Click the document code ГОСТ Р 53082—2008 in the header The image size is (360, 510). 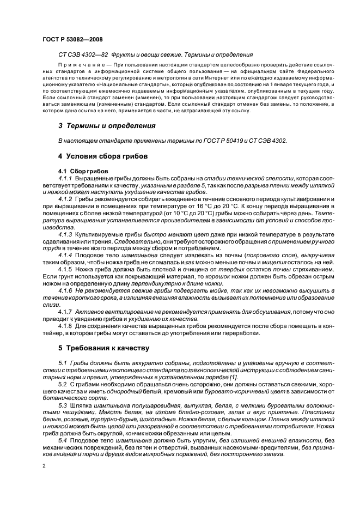click(72, 39)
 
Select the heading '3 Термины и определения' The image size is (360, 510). click(106, 126)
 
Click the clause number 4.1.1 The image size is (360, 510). click(65, 179)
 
